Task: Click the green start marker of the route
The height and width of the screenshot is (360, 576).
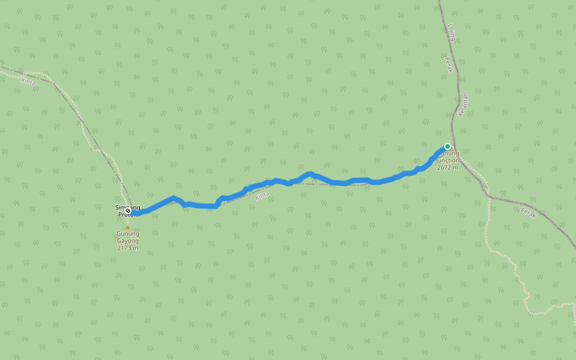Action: click(447, 146)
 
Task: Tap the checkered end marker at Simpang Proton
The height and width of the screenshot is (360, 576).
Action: click(128, 211)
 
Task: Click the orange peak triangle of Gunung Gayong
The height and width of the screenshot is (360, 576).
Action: click(127, 227)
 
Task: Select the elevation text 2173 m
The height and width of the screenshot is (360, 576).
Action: click(127, 248)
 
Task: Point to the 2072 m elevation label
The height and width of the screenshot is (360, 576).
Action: click(448, 167)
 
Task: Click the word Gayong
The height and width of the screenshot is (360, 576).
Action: click(127, 241)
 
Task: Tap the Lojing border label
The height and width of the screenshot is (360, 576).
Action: click(452, 32)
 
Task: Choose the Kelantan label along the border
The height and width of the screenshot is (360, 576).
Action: click(463, 104)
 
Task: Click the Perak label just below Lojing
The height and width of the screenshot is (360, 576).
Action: click(448, 65)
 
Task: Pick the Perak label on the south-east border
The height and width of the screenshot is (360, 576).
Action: click(528, 212)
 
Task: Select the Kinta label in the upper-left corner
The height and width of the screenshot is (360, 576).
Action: click(28, 81)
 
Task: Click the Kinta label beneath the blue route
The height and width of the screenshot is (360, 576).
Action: click(262, 196)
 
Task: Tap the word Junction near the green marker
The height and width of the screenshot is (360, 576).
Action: click(448, 161)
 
